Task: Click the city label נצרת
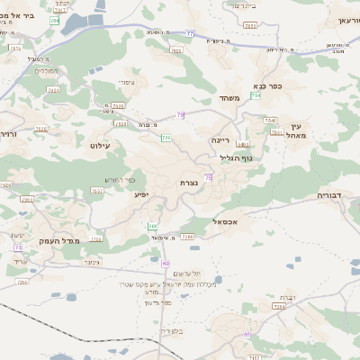click(190, 183)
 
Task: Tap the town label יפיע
click(142, 193)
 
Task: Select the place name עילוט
click(101, 144)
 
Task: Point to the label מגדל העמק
click(59, 241)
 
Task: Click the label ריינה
click(221, 140)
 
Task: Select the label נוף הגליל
click(237, 157)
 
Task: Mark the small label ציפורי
click(126, 82)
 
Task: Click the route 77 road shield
click(190, 33)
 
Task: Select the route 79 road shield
click(181, 115)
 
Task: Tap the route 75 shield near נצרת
click(208, 178)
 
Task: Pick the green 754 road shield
click(256, 94)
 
